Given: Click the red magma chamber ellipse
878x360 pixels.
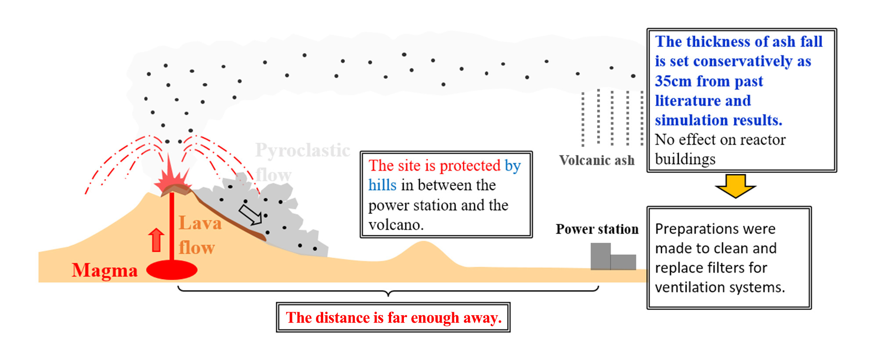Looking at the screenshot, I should (x=172, y=270).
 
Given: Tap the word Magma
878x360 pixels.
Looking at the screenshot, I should (x=104, y=270).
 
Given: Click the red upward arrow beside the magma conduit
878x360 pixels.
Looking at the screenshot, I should (x=156, y=240).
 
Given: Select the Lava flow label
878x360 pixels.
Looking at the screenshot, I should (x=200, y=235).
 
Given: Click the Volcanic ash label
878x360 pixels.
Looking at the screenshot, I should (x=597, y=161).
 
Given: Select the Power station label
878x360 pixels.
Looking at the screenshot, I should (x=597, y=229).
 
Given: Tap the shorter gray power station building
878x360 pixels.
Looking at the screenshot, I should (x=623, y=262).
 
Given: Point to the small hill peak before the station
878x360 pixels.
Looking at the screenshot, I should (x=423, y=243).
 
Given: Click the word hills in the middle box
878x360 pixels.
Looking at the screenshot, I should (x=382, y=185).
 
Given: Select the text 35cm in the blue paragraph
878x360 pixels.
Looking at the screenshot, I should (x=673, y=81).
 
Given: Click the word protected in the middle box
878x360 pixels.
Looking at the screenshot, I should (x=470, y=166).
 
